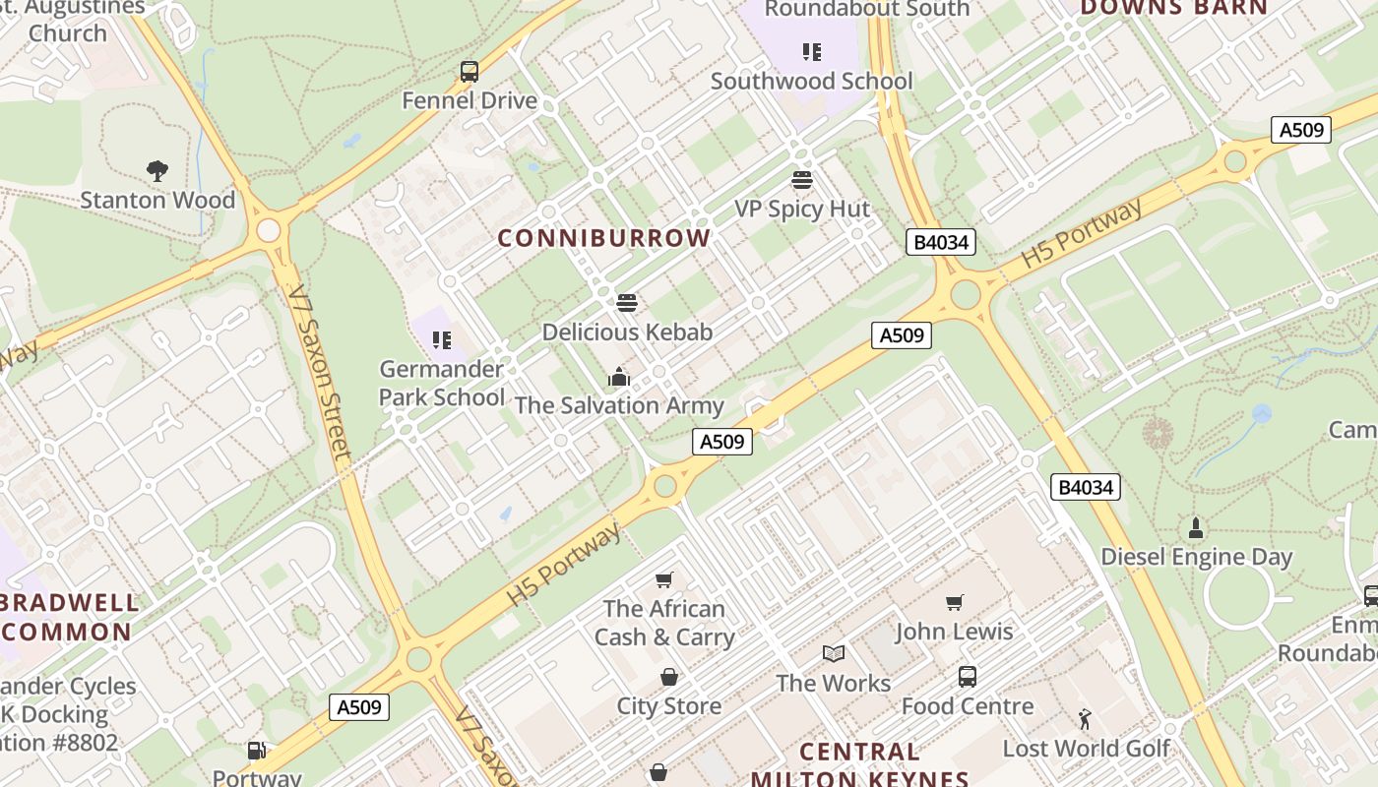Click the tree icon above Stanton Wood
pyautogui.click(x=157, y=171)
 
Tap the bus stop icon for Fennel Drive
pyautogui.click(x=470, y=72)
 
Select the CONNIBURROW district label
pyautogui.click(x=603, y=238)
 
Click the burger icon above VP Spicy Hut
pyautogui.click(x=802, y=180)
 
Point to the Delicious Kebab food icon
pyautogui.click(x=627, y=303)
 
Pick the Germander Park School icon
pyautogui.click(x=442, y=340)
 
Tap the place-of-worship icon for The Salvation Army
pyautogui.click(x=618, y=377)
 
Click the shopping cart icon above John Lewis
pyautogui.click(x=954, y=602)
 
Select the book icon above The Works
pyautogui.click(x=833, y=654)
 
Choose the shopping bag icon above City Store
pyautogui.click(x=668, y=677)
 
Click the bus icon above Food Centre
pyautogui.click(x=968, y=677)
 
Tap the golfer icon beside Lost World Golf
pyautogui.click(x=1085, y=720)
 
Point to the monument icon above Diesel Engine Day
pyautogui.click(x=1196, y=528)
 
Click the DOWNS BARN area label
pyautogui.click(x=1174, y=8)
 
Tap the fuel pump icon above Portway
pyautogui.click(x=256, y=751)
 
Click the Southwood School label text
pyautogui.click(x=811, y=81)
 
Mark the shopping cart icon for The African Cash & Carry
pyautogui.click(x=664, y=580)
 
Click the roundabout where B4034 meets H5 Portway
pyautogui.click(x=966, y=294)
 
